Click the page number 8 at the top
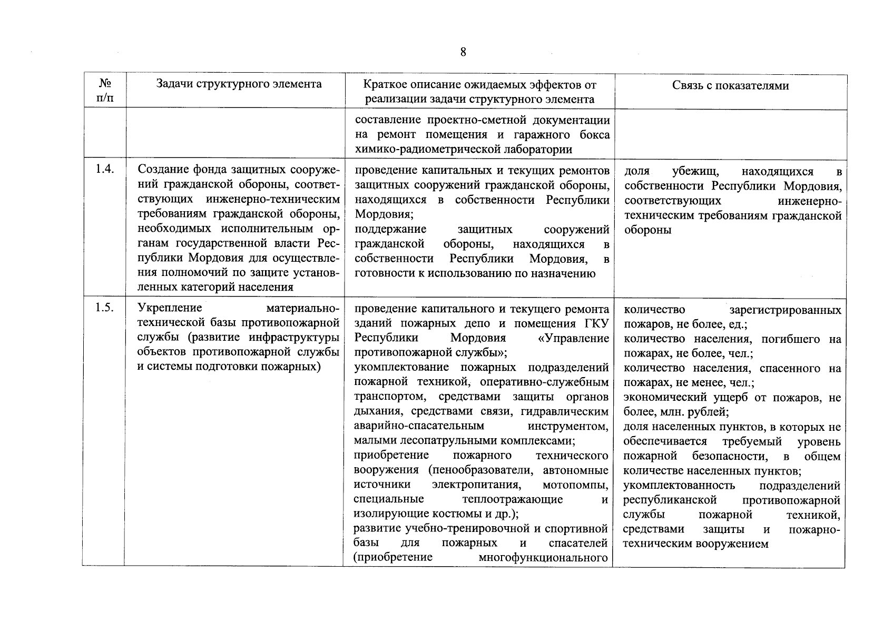pos(463,52)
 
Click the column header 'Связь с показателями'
pos(730,85)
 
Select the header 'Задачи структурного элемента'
pos(239,84)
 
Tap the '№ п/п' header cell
pos(104,91)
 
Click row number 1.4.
pos(104,170)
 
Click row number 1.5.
pos(104,308)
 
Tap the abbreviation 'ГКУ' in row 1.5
pos(596,323)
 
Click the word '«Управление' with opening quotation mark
pos(574,338)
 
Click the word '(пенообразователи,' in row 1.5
pos(483,470)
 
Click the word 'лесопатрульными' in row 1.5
pos(434,440)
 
